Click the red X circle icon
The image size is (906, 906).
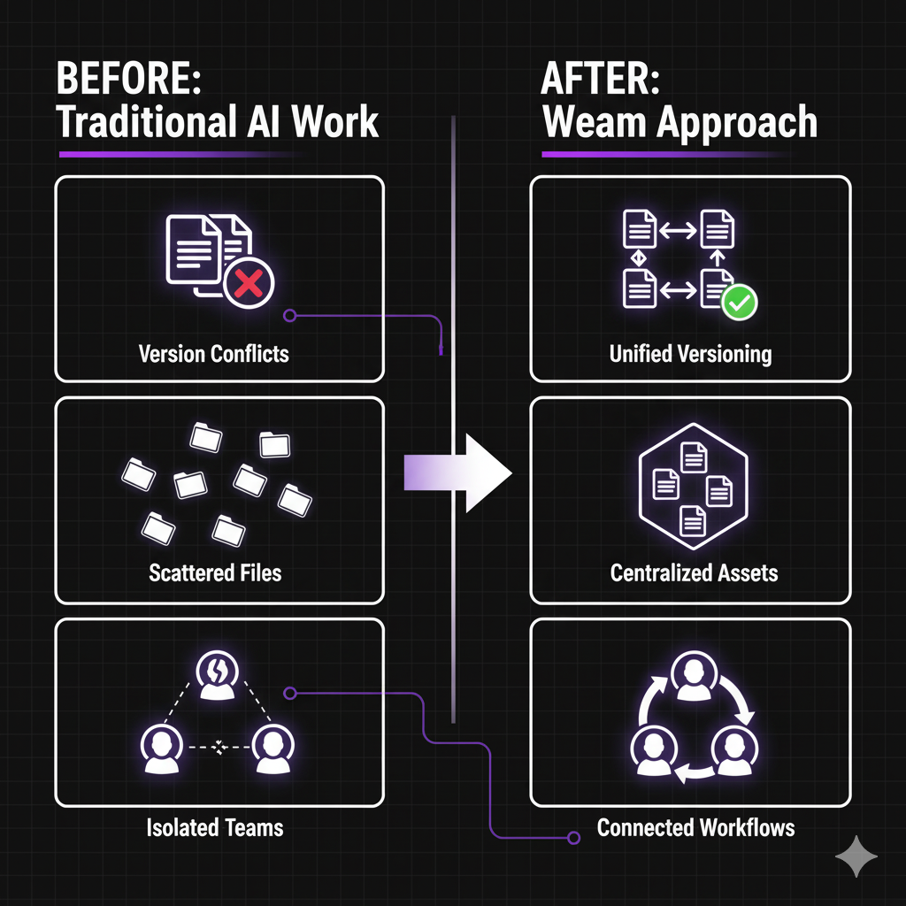point(250,283)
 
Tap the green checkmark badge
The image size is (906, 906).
point(739,303)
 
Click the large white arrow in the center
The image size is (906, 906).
point(460,472)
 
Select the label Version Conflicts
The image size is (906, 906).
point(214,355)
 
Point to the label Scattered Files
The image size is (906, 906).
point(215,572)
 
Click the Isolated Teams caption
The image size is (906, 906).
point(215,829)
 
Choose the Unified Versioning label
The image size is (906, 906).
point(690,355)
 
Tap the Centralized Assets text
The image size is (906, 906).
point(694,572)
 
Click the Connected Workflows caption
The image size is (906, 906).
point(695,828)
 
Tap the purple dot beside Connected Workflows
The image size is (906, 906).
point(575,835)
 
